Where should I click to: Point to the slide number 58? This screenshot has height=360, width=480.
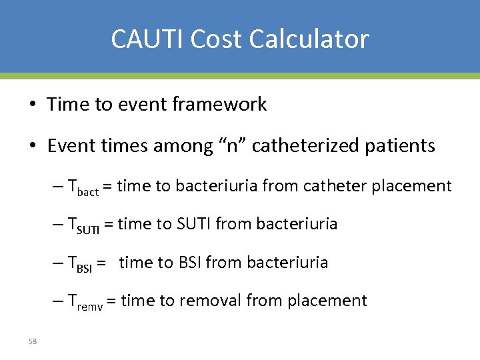pyautogui.click(x=33, y=341)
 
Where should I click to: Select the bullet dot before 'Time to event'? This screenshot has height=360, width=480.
pyautogui.click(x=33, y=105)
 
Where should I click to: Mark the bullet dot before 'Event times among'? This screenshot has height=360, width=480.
pyautogui.click(x=33, y=146)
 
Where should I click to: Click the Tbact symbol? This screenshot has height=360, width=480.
pyautogui.click(x=83, y=187)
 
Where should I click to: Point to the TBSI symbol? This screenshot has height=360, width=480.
pyautogui.click(x=80, y=264)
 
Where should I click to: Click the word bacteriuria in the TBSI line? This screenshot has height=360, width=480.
pyautogui.click(x=287, y=263)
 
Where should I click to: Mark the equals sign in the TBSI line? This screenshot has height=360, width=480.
pyautogui.click(x=102, y=263)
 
